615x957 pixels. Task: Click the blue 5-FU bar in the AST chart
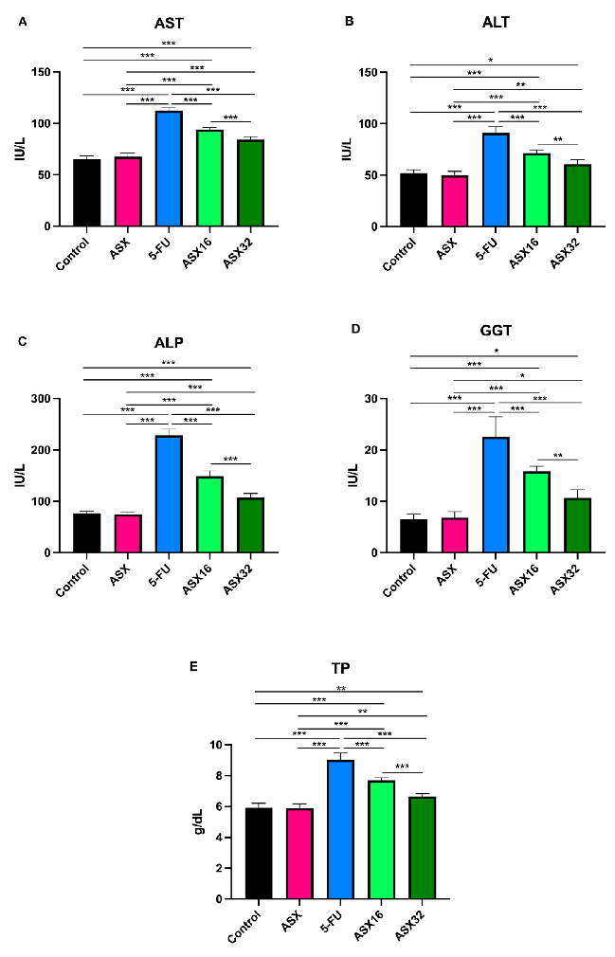pyautogui.click(x=169, y=169)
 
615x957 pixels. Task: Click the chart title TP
pyautogui.click(x=340, y=667)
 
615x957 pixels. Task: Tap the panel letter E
pyautogui.click(x=194, y=666)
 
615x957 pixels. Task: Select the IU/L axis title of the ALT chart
pyautogui.click(x=348, y=150)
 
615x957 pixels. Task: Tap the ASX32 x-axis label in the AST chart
pyautogui.click(x=240, y=251)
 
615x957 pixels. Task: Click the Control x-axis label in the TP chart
pyautogui.click(x=245, y=924)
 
